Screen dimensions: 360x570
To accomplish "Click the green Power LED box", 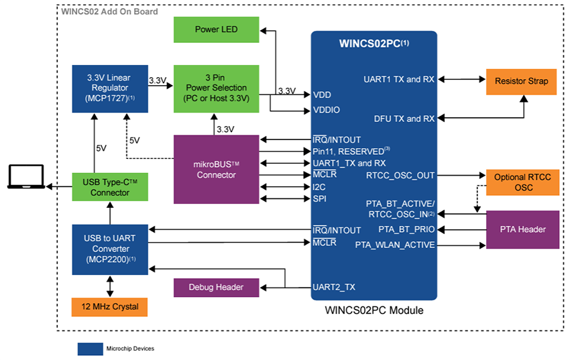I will (216, 30).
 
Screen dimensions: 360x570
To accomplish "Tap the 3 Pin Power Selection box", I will (216, 88).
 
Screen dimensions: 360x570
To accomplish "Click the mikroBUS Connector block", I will (216, 169).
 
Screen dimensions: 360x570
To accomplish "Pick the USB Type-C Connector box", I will (109, 188).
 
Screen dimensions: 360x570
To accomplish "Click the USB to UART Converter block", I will (109, 249).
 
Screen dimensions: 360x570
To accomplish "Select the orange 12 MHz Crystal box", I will (109, 306).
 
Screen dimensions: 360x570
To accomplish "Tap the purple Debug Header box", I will (216, 288).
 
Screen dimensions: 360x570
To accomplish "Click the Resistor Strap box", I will (521, 81).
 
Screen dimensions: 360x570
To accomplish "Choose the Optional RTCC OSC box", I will (521, 182).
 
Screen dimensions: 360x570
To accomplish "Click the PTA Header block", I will (522, 229).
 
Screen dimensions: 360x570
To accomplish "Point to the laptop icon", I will (26, 178).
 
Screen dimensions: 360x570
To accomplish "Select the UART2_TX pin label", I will (334, 287).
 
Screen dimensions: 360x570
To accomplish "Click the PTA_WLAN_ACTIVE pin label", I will (395, 245).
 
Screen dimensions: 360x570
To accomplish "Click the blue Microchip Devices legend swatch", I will (89, 349).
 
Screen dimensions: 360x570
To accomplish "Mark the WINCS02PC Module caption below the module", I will (374, 310).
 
